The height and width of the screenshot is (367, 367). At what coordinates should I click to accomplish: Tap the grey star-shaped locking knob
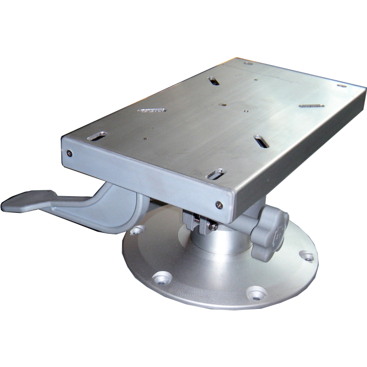269,230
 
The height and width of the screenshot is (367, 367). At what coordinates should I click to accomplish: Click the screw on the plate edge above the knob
219,205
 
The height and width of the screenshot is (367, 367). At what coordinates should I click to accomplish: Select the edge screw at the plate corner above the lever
69,154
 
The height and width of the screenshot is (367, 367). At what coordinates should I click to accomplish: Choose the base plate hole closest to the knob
308,257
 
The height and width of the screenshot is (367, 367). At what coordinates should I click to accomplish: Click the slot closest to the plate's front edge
216,174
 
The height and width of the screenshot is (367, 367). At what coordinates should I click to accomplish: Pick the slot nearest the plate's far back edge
213,81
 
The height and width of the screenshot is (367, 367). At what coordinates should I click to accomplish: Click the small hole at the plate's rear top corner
247,63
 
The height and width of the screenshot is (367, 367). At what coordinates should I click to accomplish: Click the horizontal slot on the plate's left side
152,110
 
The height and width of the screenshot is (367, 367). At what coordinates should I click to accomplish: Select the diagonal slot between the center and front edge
261,140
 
